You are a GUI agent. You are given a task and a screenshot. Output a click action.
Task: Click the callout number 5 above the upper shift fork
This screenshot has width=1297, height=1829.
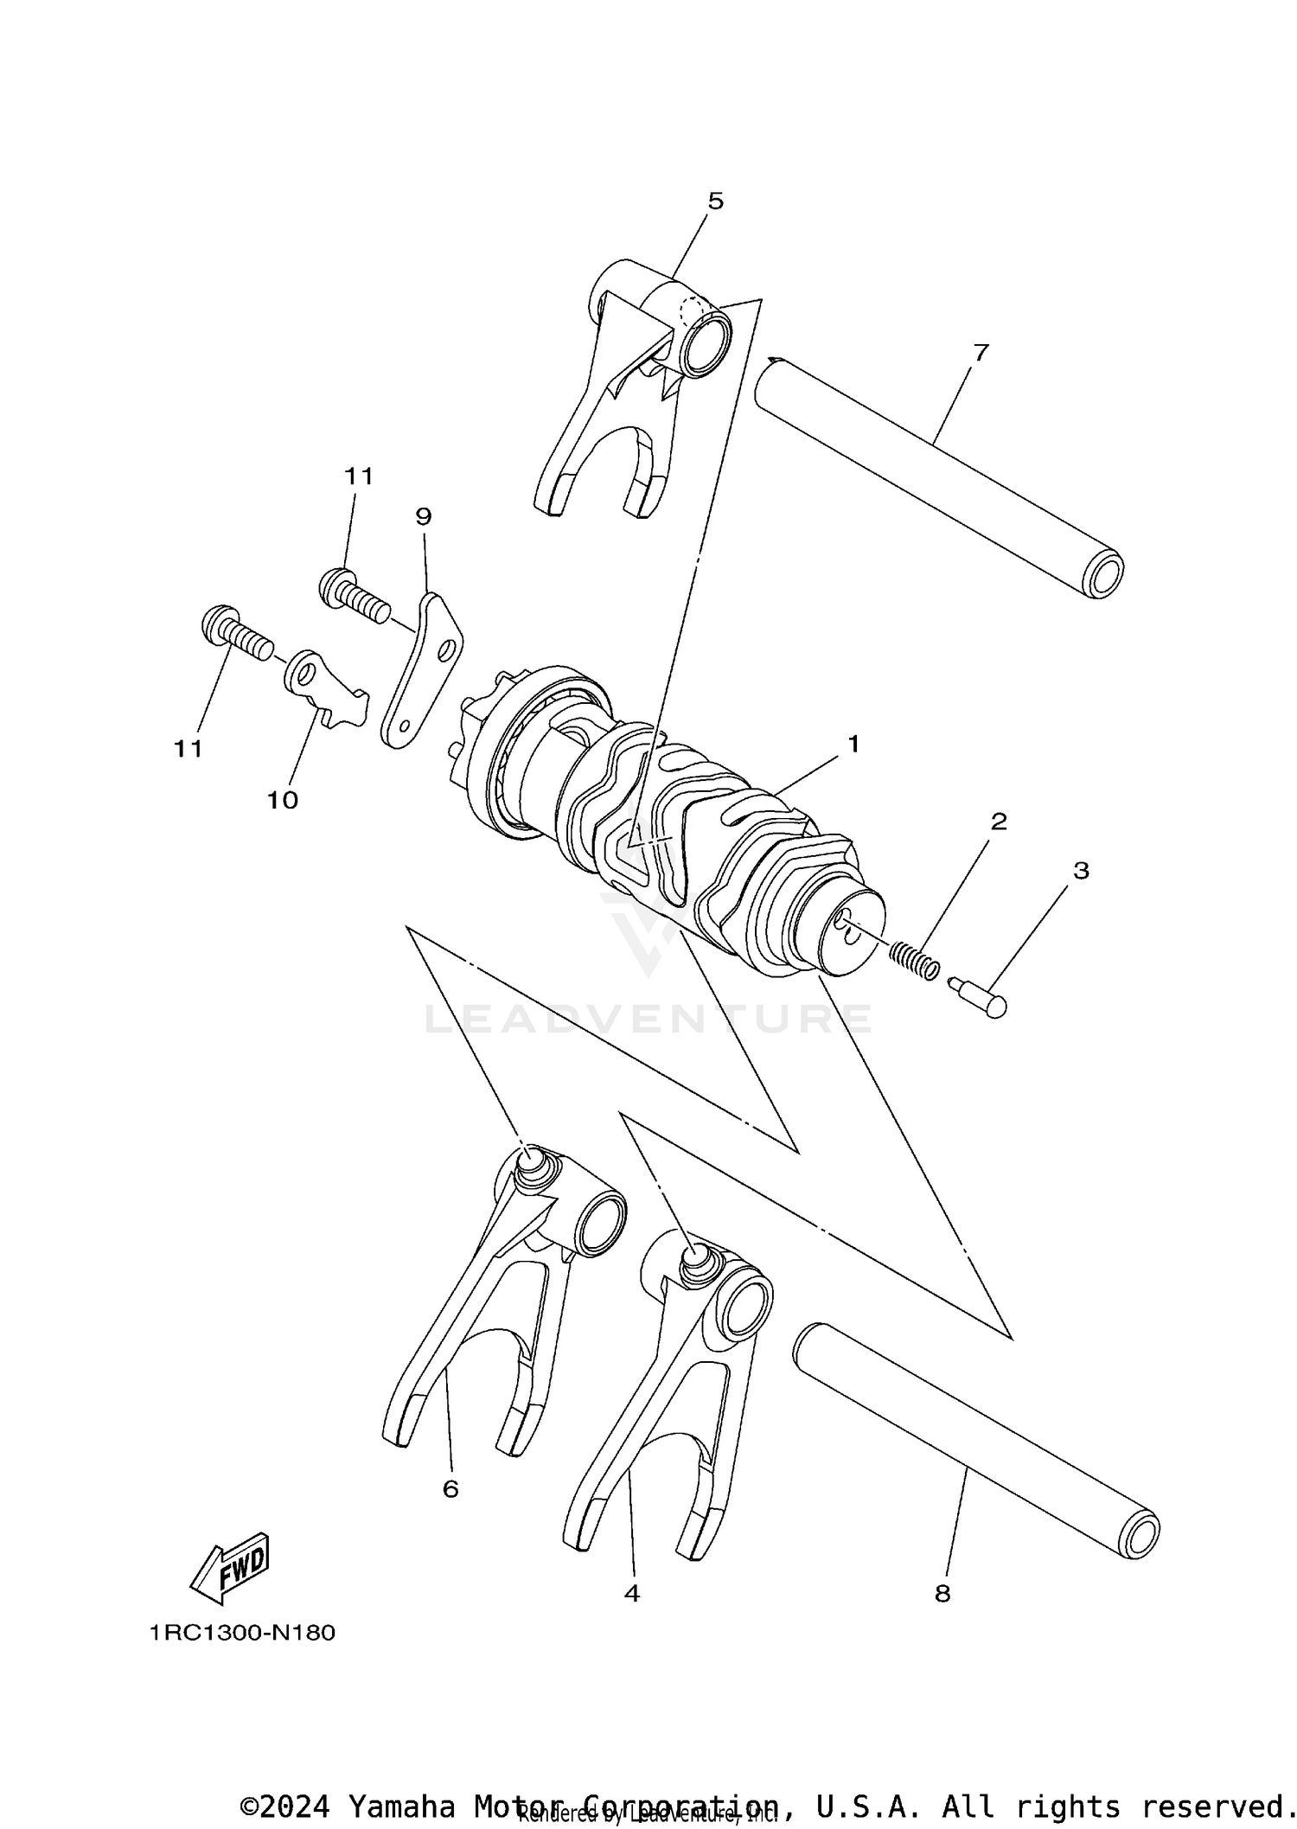[715, 201]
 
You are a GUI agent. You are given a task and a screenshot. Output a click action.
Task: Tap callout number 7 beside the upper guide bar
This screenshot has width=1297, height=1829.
[981, 353]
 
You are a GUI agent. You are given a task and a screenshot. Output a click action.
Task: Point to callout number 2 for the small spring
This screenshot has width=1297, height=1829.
[999, 821]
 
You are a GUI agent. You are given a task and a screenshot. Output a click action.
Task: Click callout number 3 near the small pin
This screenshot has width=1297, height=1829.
[1081, 871]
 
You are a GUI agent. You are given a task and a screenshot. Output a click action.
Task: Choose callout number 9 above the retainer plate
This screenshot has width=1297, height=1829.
[423, 516]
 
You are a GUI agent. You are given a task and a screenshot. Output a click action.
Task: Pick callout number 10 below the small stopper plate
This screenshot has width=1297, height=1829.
[282, 800]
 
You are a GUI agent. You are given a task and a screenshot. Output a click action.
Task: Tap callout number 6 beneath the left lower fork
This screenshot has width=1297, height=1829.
[450, 1489]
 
